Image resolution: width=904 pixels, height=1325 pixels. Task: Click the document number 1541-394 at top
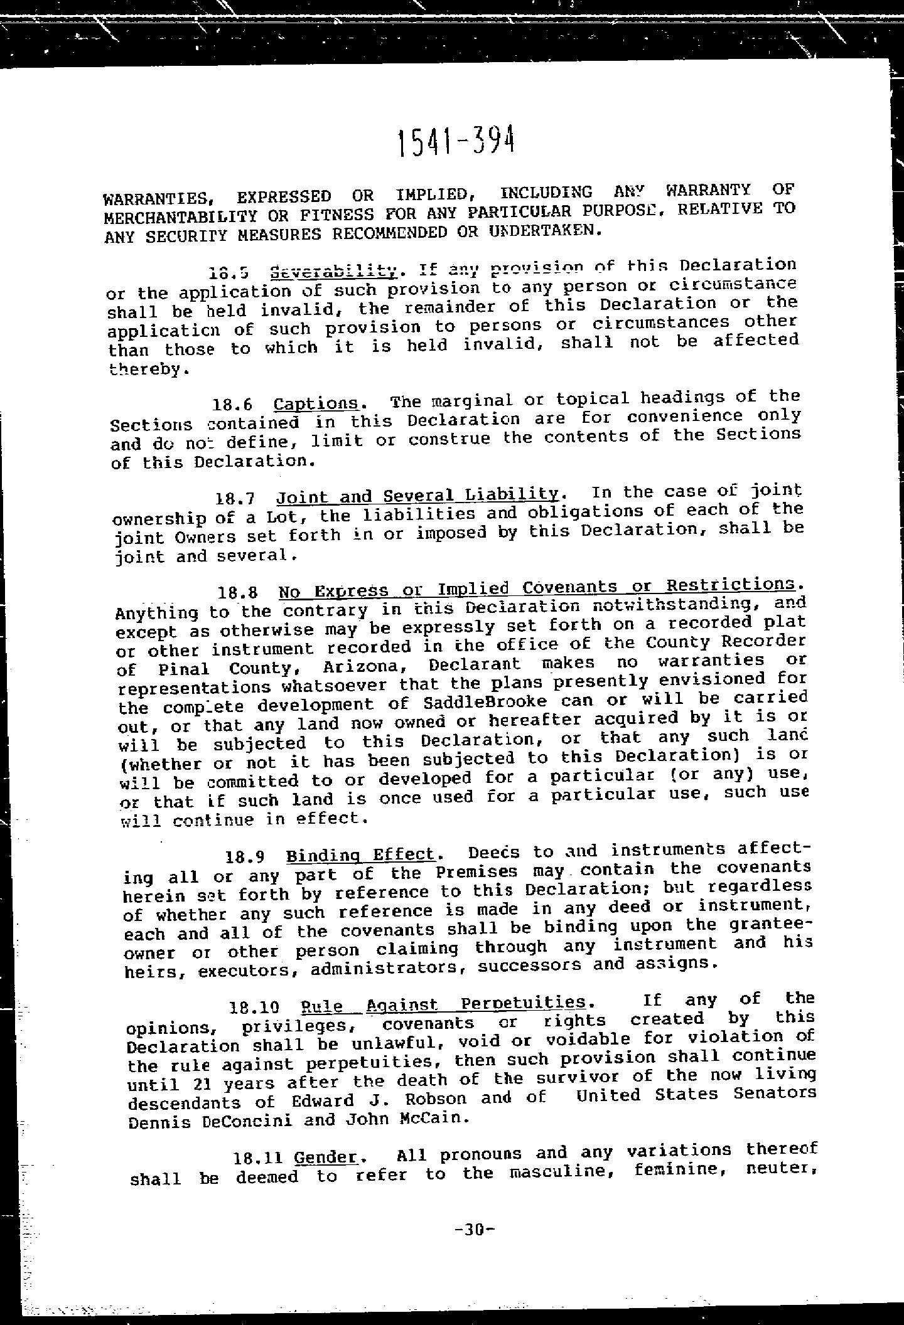tap(456, 142)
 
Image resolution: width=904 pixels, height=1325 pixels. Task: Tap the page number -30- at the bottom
tap(474, 1230)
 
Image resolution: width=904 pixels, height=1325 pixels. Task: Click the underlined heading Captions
tap(316, 403)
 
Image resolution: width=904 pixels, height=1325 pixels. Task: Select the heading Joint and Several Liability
tap(417, 496)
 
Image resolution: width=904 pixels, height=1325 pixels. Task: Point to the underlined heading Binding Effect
tap(360, 855)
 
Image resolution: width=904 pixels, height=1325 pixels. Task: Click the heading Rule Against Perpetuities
tap(444, 1004)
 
